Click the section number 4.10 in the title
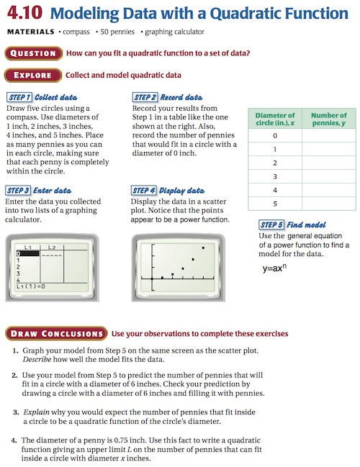24,13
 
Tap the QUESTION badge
33,53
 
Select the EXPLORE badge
33,75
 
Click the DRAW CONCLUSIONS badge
56,334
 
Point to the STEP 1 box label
19,97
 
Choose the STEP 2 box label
145,97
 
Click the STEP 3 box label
18,190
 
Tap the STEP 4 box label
144,190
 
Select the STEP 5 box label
271,225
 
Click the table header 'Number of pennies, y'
329,119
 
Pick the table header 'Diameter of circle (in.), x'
275,119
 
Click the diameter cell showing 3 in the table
275,176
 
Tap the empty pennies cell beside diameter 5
329,204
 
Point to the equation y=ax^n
274,268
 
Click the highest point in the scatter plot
203,248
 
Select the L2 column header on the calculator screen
52,248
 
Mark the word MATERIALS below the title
31,32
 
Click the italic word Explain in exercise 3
36,412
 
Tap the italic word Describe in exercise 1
37,359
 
